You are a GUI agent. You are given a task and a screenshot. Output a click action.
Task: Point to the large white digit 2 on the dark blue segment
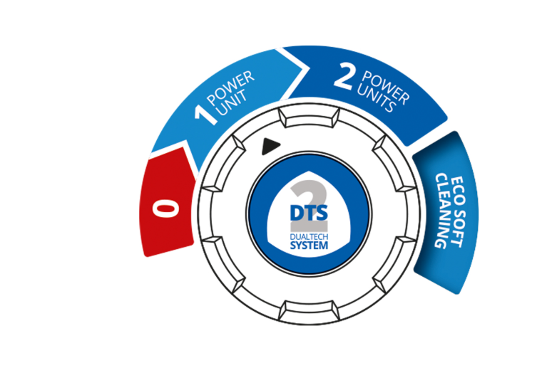pos(343,77)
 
